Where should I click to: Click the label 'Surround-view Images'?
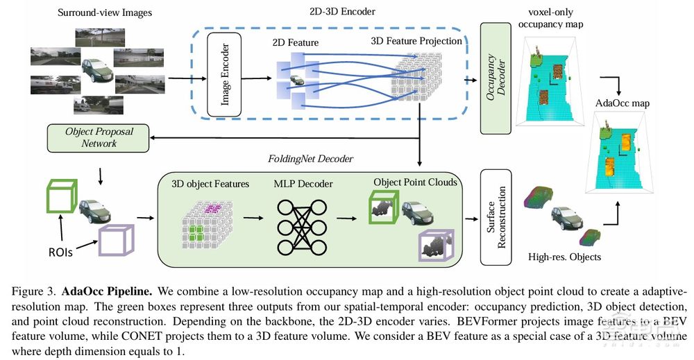tap(106, 12)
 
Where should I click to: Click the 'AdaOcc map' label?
tap(623, 103)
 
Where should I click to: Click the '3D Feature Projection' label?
tap(417, 41)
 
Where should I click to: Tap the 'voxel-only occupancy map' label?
tap(551, 17)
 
